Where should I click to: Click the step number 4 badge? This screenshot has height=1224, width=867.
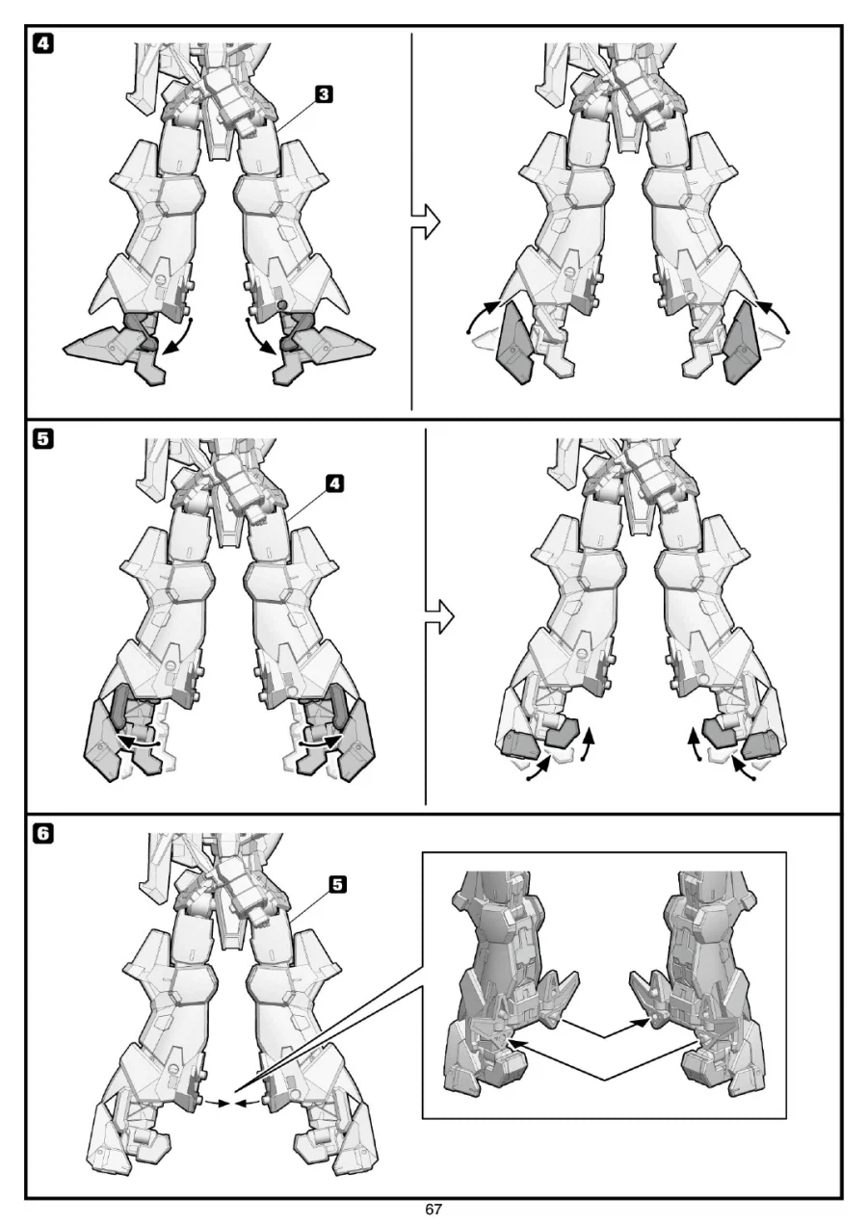(x=43, y=43)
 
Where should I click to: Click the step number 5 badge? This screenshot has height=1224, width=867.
(x=43, y=439)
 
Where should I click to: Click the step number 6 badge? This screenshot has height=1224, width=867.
(x=43, y=834)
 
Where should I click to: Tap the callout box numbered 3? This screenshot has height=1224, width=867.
(x=324, y=94)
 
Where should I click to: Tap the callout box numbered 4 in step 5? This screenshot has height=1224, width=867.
(x=334, y=483)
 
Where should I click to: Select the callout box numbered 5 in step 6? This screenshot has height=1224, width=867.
(x=338, y=884)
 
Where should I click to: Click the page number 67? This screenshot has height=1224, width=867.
(x=433, y=1209)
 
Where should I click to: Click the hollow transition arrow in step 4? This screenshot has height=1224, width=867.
(x=426, y=221)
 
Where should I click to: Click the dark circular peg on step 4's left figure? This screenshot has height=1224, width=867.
(x=282, y=304)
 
